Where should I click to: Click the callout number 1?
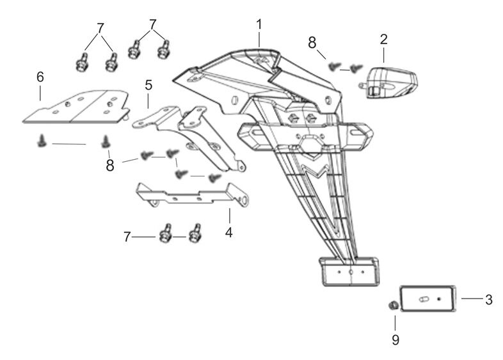coord(259,24)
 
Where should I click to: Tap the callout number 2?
coord(383,39)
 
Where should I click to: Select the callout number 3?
coord(488,298)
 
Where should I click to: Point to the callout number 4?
coord(228,231)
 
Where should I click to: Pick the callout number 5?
coord(148,84)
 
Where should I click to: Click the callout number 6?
coord(40,76)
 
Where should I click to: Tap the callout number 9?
coord(395,340)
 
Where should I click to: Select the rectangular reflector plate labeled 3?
coord(427,299)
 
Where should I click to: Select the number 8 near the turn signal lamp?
coord(312,43)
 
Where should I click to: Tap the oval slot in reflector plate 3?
coord(423,299)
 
